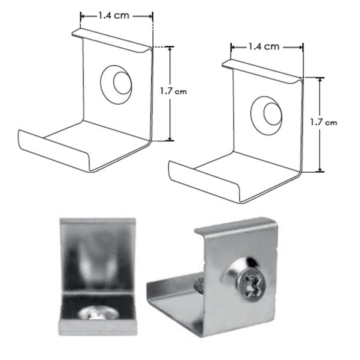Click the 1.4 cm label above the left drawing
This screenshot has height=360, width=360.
(x=117, y=16)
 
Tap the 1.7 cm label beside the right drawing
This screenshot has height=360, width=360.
(x=323, y=122)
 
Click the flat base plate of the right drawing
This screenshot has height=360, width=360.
(x=241, y=166)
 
